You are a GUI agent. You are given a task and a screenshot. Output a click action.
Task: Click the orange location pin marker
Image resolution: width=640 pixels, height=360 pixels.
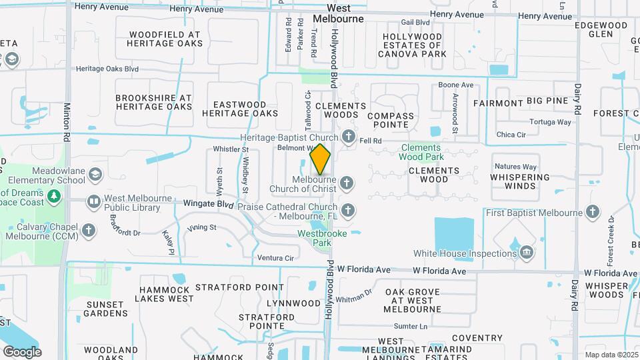pyautogui.click(x=321, y=159)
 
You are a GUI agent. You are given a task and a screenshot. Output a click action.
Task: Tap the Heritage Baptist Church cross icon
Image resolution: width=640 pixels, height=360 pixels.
pyautogui.click(x=347, y=137)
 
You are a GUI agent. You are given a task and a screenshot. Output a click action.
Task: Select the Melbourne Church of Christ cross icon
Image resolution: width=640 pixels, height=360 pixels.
pyautogui.click(x=346, y=182)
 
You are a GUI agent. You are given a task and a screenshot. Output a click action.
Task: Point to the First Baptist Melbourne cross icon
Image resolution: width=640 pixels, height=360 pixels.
pyautogui.click(x=593, y=213)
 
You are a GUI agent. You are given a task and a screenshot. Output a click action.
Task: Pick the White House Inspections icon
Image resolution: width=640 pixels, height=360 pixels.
pyautogui.click(x=527, y=253)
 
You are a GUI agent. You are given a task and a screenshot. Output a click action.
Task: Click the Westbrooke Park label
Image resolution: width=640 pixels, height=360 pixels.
pyautogui.click(x=315, y=238)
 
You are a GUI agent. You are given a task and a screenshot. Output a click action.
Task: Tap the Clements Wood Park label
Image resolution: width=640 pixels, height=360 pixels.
pyautogui.click(x=421, y=152)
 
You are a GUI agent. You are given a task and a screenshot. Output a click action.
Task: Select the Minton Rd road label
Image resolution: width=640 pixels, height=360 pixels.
pyautogui.click(x=67, y=121)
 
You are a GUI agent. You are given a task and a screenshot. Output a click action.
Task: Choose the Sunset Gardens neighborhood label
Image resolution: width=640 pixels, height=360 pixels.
pyautogui.click(x=106, y=309)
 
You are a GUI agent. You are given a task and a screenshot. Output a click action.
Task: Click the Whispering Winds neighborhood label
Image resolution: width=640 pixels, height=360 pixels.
pyautogui.click(x=520, y=181)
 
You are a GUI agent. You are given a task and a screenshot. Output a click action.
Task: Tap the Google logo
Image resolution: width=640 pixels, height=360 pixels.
pyautogui.click(x=22, y=352)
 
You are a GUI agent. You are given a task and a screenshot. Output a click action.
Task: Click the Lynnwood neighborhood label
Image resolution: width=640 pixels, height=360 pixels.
pyautogui.click(x=293, y=303)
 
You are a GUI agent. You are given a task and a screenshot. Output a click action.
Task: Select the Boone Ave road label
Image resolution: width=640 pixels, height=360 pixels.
pyautogui.click(x=455, y=85)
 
